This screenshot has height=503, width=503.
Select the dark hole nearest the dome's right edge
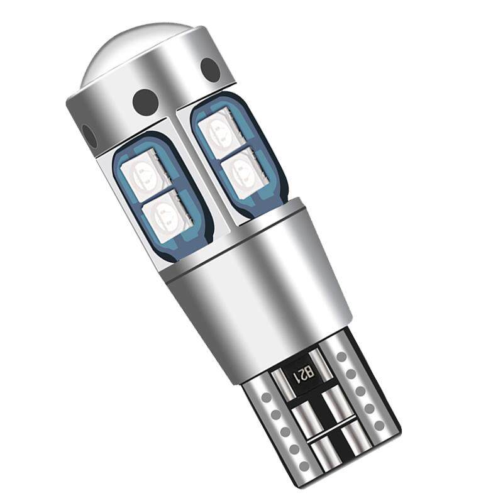tap(210, 70)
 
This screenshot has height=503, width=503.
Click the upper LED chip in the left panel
tap(143, 177)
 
